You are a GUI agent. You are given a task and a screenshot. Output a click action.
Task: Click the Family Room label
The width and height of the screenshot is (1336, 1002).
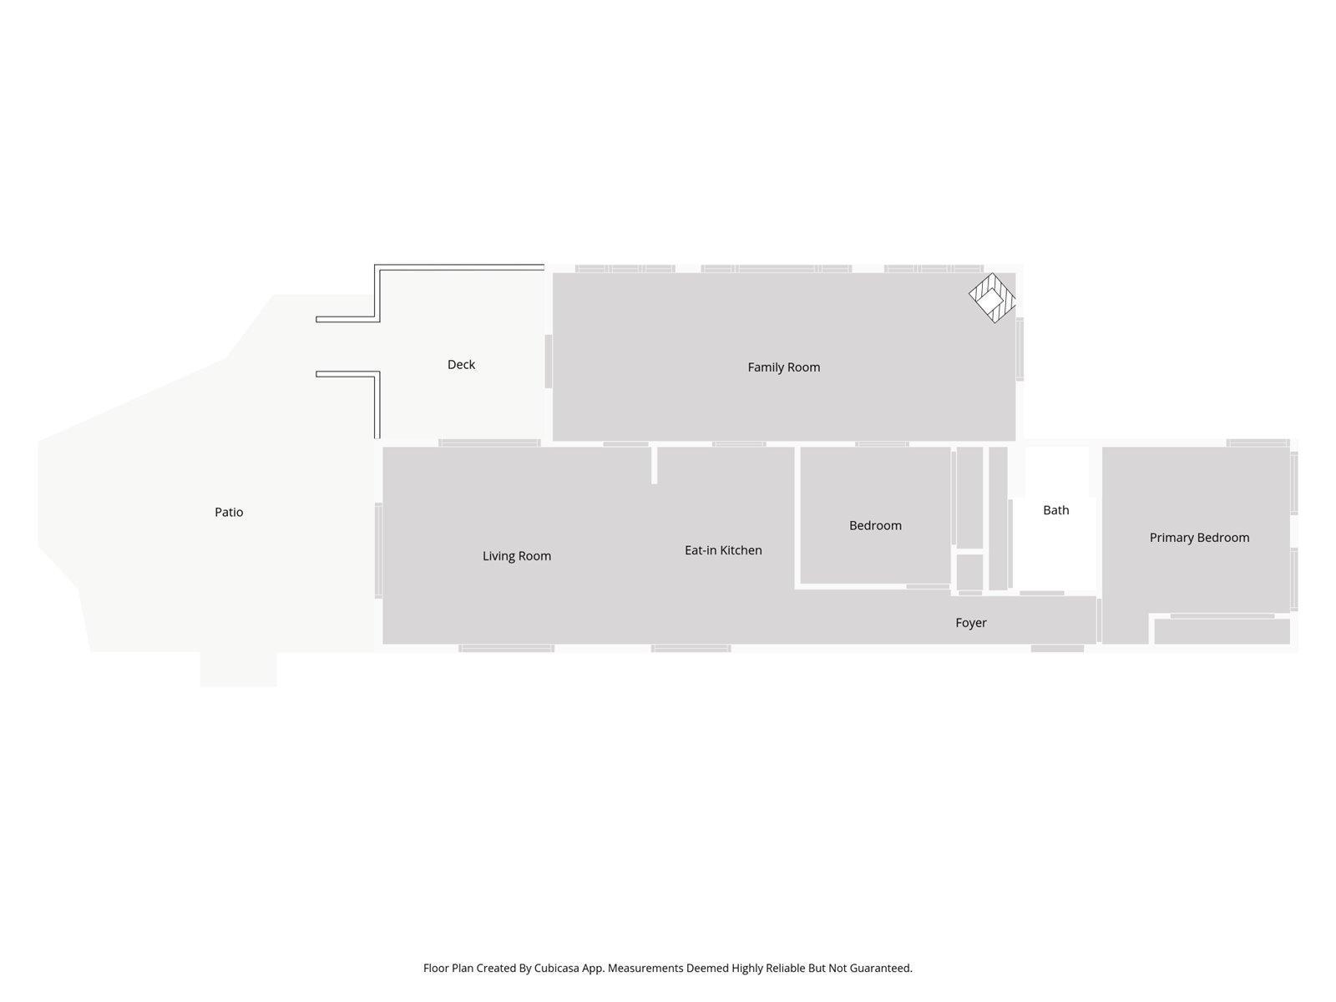783,367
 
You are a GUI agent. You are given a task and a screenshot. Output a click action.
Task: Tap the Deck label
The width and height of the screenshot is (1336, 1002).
461,365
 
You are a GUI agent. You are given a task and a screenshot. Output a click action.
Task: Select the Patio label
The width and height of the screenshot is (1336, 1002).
229,513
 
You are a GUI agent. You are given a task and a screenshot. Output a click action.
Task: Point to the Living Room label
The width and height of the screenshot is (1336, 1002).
517,556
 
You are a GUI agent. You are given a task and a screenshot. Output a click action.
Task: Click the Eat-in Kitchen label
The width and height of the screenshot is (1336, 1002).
723,550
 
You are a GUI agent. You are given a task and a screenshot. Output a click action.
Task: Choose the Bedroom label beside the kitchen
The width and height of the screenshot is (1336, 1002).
875,526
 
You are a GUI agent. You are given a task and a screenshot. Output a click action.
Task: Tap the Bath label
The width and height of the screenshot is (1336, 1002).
1055,510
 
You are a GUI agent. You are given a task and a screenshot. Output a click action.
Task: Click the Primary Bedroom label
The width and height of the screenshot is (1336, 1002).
1199,538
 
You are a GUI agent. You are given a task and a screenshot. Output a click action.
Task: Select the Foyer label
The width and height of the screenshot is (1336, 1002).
970,623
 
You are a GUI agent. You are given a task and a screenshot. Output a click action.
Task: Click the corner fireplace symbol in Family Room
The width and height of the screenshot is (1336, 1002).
992,298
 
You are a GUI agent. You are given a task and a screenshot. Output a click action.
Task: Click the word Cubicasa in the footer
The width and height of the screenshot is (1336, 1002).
562,969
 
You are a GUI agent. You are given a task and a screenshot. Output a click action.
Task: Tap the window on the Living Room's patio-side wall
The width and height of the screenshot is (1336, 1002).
378,550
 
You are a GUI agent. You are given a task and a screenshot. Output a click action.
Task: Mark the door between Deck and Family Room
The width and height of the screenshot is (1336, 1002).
549,361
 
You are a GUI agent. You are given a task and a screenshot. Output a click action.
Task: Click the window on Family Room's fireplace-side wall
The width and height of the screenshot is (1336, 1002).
1020,349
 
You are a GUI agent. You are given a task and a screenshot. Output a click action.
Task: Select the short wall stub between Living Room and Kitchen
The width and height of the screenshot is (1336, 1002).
655,465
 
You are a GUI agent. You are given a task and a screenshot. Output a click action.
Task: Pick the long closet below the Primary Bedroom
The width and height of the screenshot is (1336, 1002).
1222,631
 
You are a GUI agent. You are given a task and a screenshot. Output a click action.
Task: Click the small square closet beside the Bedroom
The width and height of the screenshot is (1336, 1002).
969,572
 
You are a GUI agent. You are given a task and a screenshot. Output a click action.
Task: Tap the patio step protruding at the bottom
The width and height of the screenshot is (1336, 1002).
238,669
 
